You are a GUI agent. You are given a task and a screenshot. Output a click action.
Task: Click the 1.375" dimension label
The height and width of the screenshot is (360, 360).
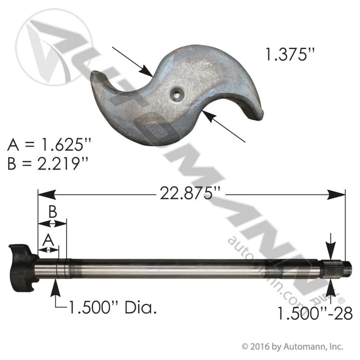click(x=289, y=54)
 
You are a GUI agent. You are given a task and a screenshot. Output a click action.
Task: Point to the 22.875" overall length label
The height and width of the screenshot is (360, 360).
click(x=190, y=193)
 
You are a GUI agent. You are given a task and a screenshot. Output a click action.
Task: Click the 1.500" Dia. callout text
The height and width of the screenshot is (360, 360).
click(x=112, y=307)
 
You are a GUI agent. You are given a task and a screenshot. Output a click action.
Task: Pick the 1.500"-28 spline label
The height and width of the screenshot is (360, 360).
click(x=315, y=313)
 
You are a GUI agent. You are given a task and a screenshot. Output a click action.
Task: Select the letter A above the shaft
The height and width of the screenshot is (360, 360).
click(x=48, y=240)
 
